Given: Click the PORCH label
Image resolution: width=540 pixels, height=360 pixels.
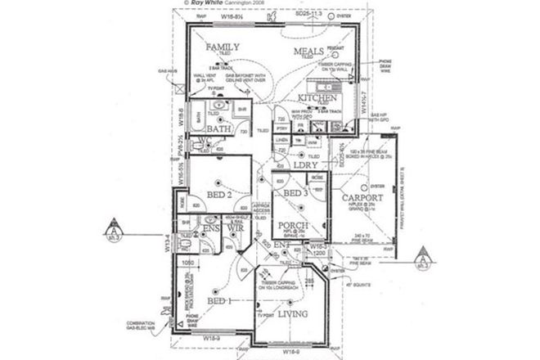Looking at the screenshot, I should (292, 225).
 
